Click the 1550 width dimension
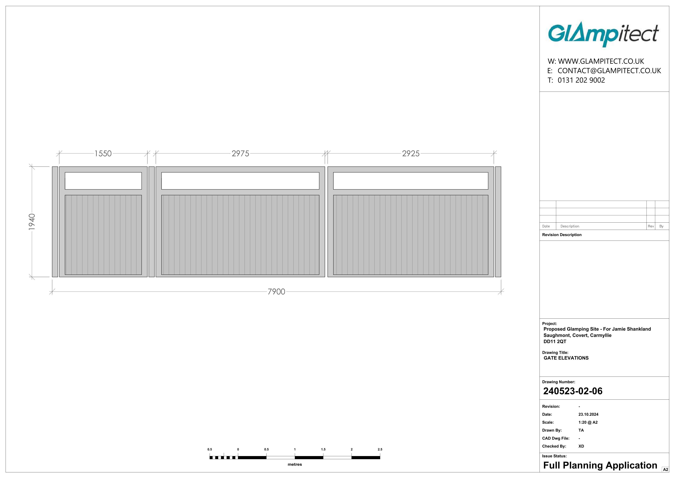[x=103, y=154]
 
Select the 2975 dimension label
[x=240, y=154]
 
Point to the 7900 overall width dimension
[x=276, y=292]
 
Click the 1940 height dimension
[x=32, y=222]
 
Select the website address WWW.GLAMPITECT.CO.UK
[x=601, y=61]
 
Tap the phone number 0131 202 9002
[x=581, y=80]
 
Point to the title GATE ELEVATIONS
[x=566, y=358]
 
